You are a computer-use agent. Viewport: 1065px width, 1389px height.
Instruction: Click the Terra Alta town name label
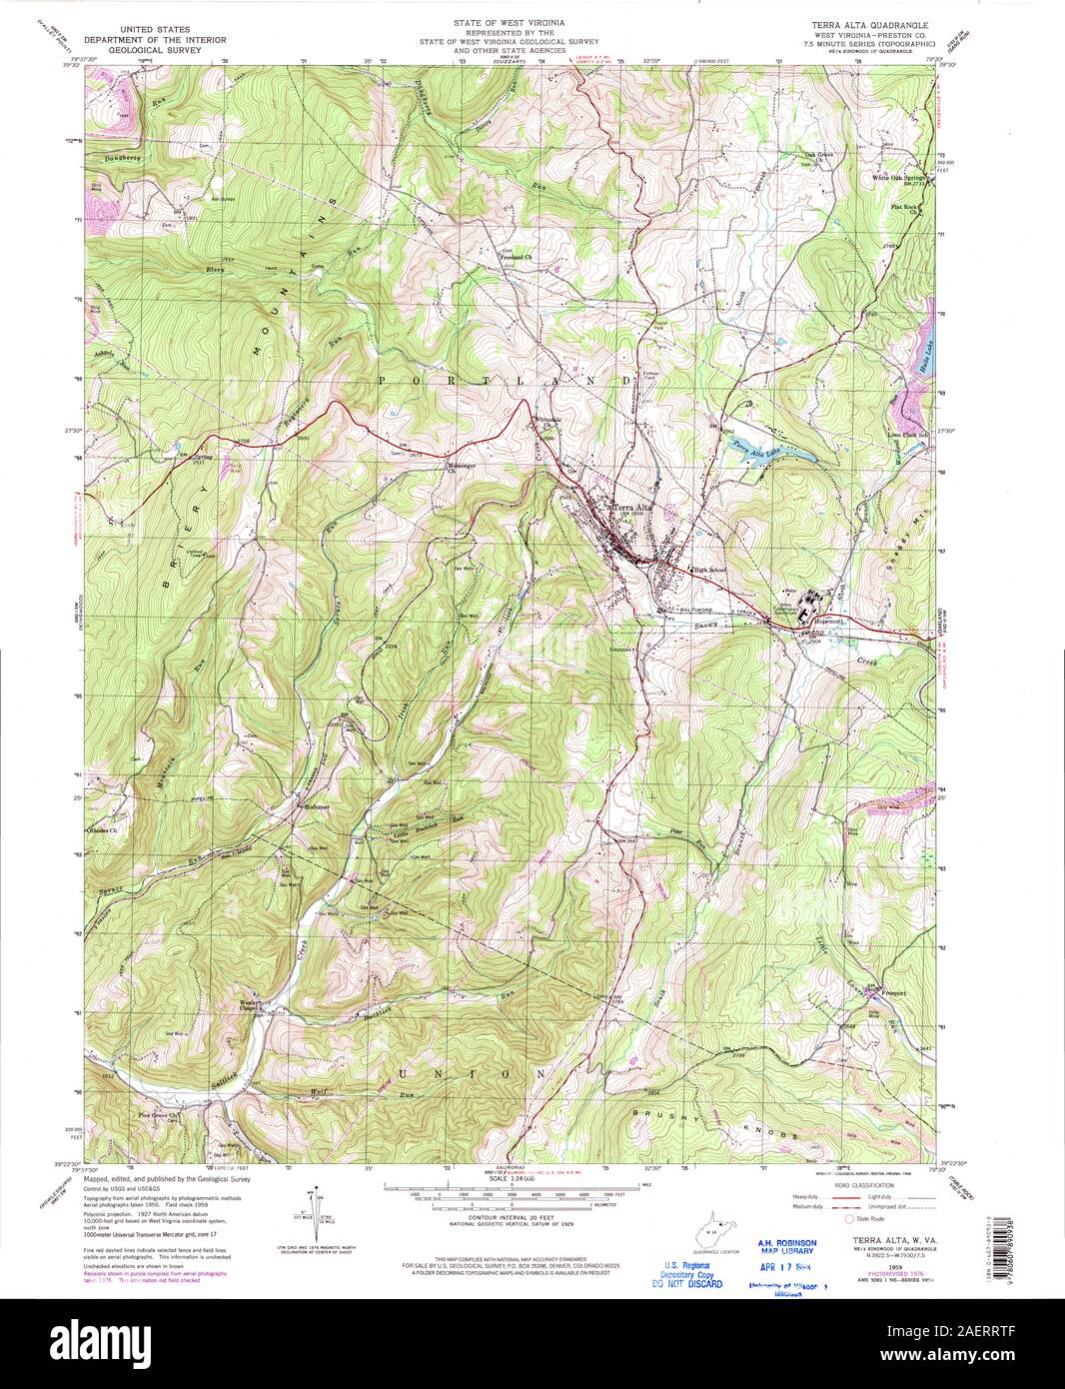(631, 506)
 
